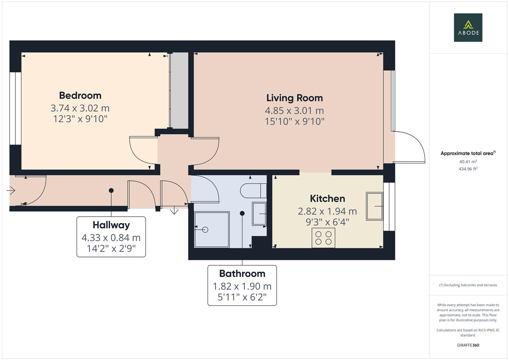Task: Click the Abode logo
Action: [x=468, y=28]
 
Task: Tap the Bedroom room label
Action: [x=80, y=96]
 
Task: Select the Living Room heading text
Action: [x=294, y=98]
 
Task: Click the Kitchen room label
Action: [x=327, y=199]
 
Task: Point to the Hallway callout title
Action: [x=111, y=225]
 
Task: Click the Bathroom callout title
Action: [x=242, y=274]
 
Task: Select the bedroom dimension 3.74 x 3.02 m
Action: [x=80, y=108]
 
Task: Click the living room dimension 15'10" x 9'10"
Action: [x=294, y=121]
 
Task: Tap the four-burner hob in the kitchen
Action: [x=323, y=238]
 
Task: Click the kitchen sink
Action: [x=374, y=206]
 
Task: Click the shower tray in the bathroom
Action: [x=212, y=229]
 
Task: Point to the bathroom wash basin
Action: [x=259, y=214]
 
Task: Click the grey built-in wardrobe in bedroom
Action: [x=179, y=90]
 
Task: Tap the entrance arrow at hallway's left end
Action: [x=11, y=191]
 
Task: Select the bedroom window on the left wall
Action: [x=15, y=108]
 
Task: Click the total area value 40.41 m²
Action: [x=468, y=162]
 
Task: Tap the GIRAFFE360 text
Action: [x=468, y=345]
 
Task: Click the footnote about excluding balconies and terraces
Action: [x=468, y=285]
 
